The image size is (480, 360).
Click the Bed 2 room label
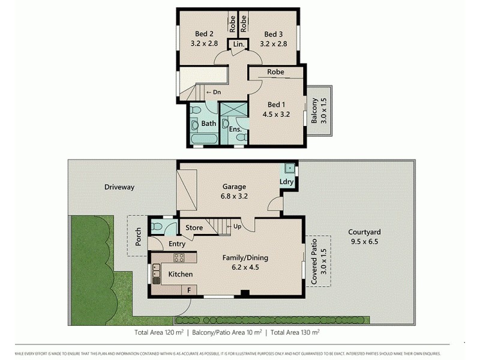pos(205,34)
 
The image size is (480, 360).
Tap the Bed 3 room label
pos(273,34)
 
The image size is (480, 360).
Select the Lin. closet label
pos(238,46)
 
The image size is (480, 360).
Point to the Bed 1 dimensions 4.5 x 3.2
pos(276,113)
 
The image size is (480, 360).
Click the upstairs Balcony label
pos(314,113)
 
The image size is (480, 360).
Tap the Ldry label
pos(286,182)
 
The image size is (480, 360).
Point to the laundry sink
pos(289,168)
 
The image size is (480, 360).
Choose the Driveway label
pos(119,187)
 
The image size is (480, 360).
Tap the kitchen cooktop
pos(179,258)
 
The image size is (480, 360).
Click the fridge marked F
pos(189,290)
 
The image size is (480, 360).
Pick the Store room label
pos(194,227)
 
